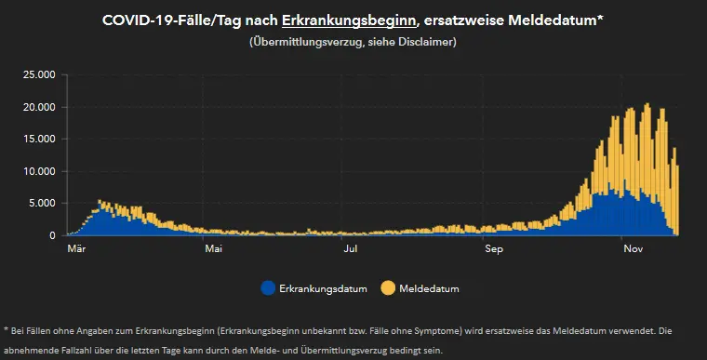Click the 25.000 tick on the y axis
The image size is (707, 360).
(40, 75)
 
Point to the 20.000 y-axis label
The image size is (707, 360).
(40, 107)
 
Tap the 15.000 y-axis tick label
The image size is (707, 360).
(40, 140)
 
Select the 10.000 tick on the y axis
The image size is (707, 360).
(40, 171)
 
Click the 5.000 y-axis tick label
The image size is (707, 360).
(43, 204)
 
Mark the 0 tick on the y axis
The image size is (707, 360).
(53, 235)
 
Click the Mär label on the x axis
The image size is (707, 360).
(77, 249)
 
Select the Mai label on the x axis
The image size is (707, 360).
(214, 249)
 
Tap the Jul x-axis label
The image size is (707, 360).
(351, 249)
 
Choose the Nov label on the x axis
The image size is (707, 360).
(634, 249)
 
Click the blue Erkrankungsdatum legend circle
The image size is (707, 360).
(269, 288)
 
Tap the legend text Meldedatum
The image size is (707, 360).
(429, 289)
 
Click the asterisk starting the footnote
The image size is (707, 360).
(7, 329)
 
